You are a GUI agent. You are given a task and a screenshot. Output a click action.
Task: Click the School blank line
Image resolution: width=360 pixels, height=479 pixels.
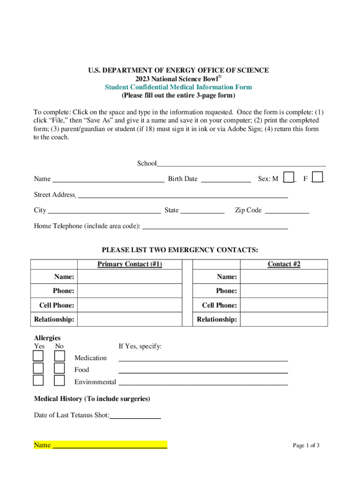pos(241,163)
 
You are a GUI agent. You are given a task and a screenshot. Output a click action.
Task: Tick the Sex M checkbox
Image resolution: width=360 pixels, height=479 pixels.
pos(289,178)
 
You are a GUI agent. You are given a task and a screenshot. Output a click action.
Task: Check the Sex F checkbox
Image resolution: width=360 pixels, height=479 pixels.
pos(317,178)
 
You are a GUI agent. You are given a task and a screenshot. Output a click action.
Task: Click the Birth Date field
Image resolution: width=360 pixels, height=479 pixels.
pos(226,179)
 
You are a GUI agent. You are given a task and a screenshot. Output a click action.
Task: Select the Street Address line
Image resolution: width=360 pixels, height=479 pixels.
pos(182,195)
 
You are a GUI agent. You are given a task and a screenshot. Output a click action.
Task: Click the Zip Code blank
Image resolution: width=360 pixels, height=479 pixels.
pos(287,210)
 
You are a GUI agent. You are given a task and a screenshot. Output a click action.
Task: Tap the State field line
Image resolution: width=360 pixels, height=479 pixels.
pos(202,210)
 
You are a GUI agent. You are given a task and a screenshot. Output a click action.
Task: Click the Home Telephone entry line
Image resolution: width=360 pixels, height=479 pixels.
pos(215,226)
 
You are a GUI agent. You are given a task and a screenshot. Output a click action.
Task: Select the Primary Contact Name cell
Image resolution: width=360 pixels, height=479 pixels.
pos(129,277)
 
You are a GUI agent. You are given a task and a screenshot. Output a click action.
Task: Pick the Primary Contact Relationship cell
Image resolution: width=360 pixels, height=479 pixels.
pos(129,319)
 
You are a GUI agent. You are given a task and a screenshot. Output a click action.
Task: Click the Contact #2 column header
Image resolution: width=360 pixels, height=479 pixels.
pos(284,264)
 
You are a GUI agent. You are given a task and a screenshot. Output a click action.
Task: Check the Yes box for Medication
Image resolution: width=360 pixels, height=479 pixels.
pos(38,356)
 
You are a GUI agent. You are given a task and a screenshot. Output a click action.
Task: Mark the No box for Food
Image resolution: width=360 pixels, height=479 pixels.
pos(59,369)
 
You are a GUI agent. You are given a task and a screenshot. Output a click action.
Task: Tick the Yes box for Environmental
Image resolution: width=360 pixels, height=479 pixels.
pos(38,380)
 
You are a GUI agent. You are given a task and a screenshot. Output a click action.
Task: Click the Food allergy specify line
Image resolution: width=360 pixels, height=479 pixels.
pos(203,370)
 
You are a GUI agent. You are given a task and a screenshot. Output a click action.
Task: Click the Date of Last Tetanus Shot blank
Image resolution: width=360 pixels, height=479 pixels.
pos(135,415)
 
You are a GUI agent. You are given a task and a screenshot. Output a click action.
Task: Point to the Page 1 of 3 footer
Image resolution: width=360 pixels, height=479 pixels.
pos(306,445)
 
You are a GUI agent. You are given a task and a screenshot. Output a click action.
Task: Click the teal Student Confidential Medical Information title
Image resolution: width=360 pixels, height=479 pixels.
pos(178,87)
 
